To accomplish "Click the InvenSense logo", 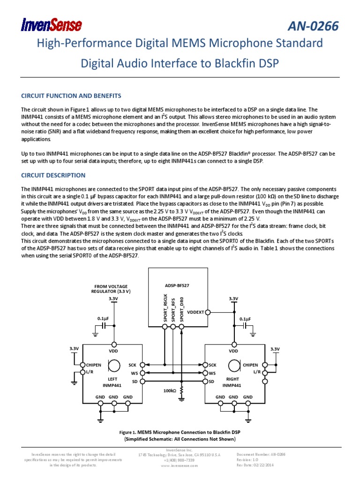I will [x=52, y=25].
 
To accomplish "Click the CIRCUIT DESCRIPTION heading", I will [x=53, y=175].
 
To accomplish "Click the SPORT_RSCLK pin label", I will [x=165, y=308].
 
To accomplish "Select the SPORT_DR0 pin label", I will [x=182, y=308].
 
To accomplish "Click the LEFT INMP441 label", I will [x=112, y=382].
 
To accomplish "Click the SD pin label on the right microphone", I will [x=211, y=382].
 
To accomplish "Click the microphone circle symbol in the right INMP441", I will [x=233, y=365].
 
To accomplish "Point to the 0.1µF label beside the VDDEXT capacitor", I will [x=245, y=319].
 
